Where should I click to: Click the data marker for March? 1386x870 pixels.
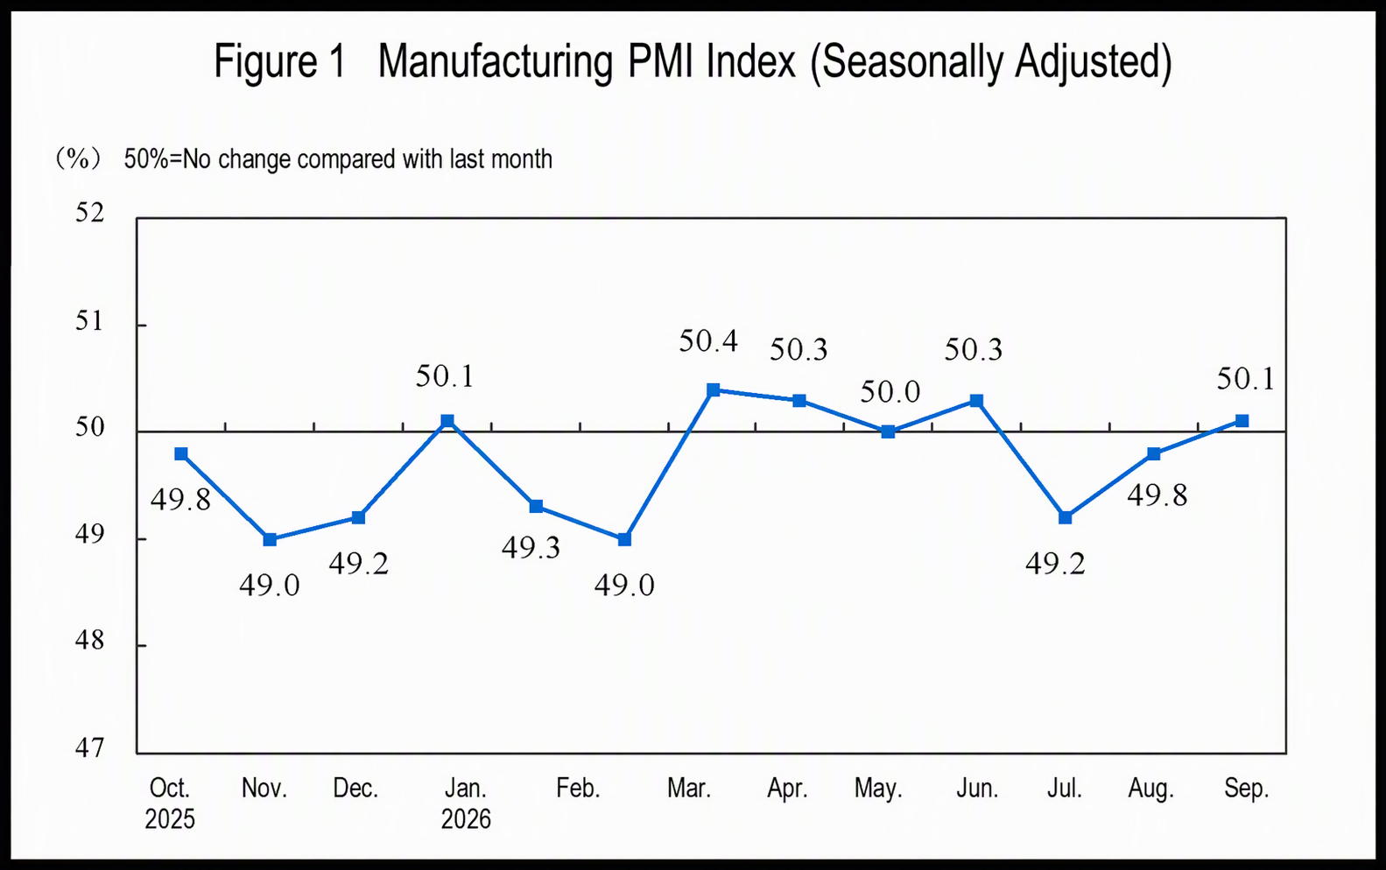coord(713,389)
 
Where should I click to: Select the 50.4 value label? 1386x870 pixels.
coord(708,341)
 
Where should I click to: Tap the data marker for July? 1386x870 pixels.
coord(1065,517)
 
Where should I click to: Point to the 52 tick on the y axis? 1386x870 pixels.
coord(89,213)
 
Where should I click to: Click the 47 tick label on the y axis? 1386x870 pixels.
coord(89,748)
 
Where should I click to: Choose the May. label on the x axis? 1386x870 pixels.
coord(878,789)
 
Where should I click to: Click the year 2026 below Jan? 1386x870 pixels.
coord(465,819)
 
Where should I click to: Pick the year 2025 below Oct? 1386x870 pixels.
coord(170,819)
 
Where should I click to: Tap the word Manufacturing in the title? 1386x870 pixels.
coord(496,62)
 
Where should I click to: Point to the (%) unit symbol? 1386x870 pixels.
coord(78,159)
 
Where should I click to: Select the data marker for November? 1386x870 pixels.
coord(270,539)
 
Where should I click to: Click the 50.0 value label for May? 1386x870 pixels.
coord(890,392)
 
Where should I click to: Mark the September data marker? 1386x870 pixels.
coord(1242,421)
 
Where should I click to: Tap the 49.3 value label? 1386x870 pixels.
coord(531,548)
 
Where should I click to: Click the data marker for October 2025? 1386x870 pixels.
coord(181,454)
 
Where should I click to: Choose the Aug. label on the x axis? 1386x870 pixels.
coord(1150,789)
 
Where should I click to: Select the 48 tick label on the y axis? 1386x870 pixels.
coord(89,642)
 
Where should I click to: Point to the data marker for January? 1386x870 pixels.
coord(447,421)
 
